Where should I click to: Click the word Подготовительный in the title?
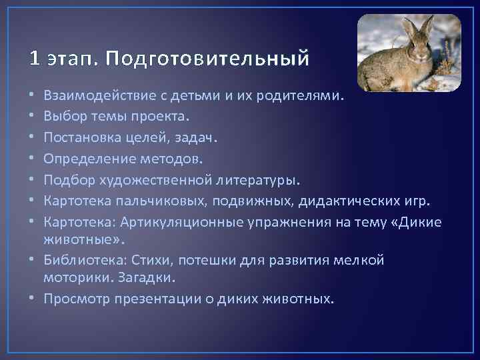tap(206, 59)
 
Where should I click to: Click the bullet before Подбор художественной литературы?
tap(33, 180)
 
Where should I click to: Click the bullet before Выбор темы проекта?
tap(33, 117)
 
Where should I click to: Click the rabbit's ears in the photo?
tap(417, 27)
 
